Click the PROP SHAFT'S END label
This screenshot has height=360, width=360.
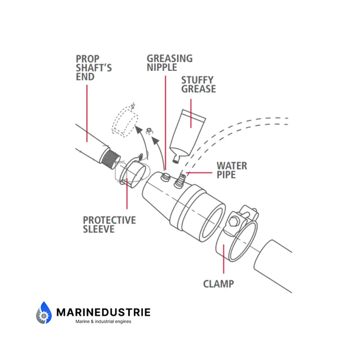pyautogui.click(x=94, y=67)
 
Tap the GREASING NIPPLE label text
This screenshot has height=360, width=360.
pyautogui.click(x=170, y=63)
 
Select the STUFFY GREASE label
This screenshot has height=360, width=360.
pyautogui.click(x=198, y=84)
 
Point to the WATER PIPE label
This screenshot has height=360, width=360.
pyautogui.click(x=232, y=170)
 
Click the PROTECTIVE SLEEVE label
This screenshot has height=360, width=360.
pyautogui.click(x=109, y=224)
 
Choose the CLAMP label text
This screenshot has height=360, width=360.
pyautogui.click(x=218, y=283)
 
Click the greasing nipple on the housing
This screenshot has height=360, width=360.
pyautogui.click(x=165, y=178)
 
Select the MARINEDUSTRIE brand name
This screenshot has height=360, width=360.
pyautogui.click(x=103, y=312)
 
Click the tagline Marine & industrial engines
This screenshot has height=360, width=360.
pyautogui.click(x=103, y=321)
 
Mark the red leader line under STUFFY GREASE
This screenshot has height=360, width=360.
pyautogui.click(x=190, y=105)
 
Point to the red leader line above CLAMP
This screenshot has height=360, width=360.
pyautogui.click(x=223, y=260)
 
